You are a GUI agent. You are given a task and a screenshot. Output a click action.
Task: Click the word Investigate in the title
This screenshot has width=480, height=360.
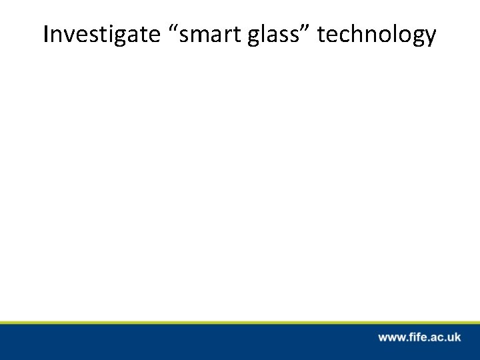coord(100,35)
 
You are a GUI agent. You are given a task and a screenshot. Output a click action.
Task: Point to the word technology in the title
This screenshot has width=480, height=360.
coord(377,36)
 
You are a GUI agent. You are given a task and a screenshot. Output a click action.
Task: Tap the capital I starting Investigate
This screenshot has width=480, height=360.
coord(46,35)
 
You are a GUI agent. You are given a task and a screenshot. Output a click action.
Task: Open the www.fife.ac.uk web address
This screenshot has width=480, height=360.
coord(419,337)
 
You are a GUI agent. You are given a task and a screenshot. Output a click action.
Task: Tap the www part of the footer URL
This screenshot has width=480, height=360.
coord(391,338)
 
